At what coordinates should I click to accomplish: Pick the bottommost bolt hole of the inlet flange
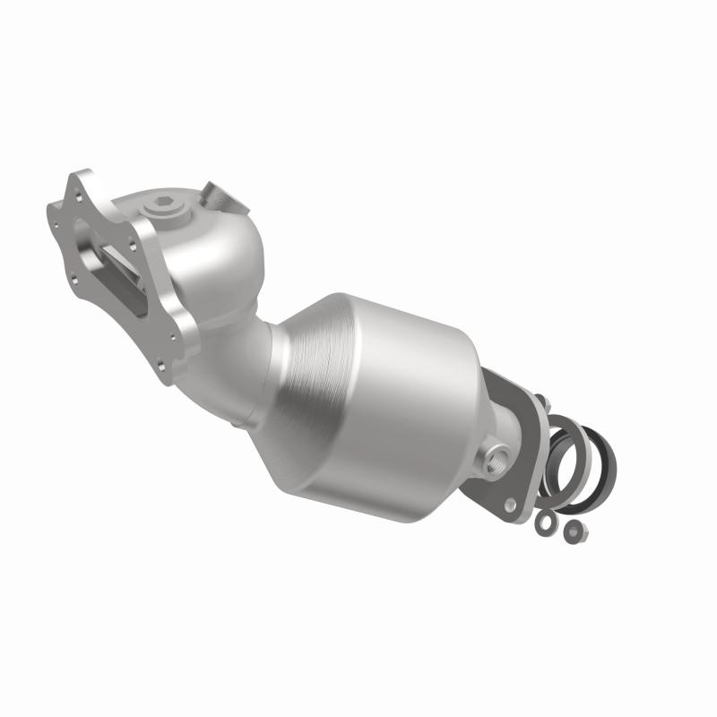pos(161,365)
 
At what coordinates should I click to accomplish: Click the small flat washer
pos(543,523)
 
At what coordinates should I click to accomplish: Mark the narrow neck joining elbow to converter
pos(269,358)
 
